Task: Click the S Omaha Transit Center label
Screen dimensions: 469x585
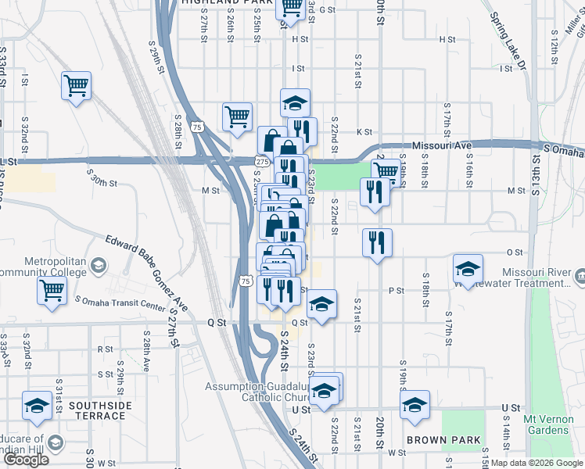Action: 114,304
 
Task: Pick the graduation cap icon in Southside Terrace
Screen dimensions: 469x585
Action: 36,405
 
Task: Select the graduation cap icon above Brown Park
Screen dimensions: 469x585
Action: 415,404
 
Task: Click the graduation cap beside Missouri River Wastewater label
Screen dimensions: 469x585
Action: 468,270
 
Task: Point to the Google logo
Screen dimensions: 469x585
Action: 26,460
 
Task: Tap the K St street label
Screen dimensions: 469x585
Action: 363,132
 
